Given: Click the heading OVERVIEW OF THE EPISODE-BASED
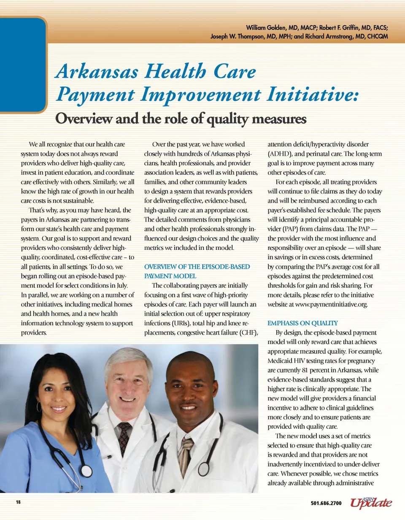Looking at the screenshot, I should click(x=197, y=267).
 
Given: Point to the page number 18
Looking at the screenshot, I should click(x=18, y=503).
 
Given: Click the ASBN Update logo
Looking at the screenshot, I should click(x=368, y=502).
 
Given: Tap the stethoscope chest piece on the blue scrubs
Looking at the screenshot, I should click(x=86, y=470).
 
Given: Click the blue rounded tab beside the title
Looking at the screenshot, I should click(x=23, y=63).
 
